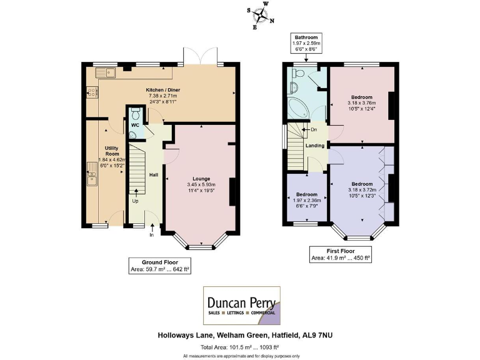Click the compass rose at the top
pyautogui.click(x=261, y=15)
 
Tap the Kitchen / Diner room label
pyautogui.click(x=163, y=90)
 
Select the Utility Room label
pyautogui.click(x=112, y=151)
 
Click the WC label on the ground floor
pyautogui.click(x=135, y=125)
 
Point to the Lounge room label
pyautogui.click(x=201, y=179)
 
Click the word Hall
pyautogui.click(x=154, y=175)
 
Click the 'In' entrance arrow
pyautogui.click(x=152, y=227)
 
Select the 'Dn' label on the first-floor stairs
pyautogui.click(x=314, y=129)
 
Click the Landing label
pyautogui.click(x=315, y=146)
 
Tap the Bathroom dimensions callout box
pyautogui.click(x=306, y=43)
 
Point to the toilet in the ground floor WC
pyautogui.click(x=135, y=113)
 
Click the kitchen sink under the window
pyautogui.click(x=106, y=72)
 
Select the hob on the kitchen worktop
pyautogui.click(x=92, y=92)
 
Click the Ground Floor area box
pyautogui.click(x=160, y=266)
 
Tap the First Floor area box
pyautogui.click(x=341, y=254)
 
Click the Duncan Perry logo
pyautogui.click(x=242, y=306)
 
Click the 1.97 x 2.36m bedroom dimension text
pyautogui.click(x=307, y=201)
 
